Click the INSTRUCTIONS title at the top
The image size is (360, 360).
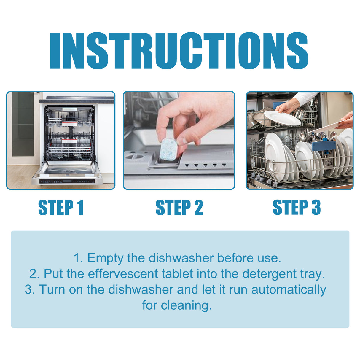179,51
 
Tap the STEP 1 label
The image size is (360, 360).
61,208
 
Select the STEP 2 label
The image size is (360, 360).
179,208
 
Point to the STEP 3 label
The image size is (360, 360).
297,207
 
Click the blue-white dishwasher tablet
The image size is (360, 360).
168,149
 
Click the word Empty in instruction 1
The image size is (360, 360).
105,258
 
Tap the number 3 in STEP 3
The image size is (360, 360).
316,207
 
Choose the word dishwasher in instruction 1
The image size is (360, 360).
181,258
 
